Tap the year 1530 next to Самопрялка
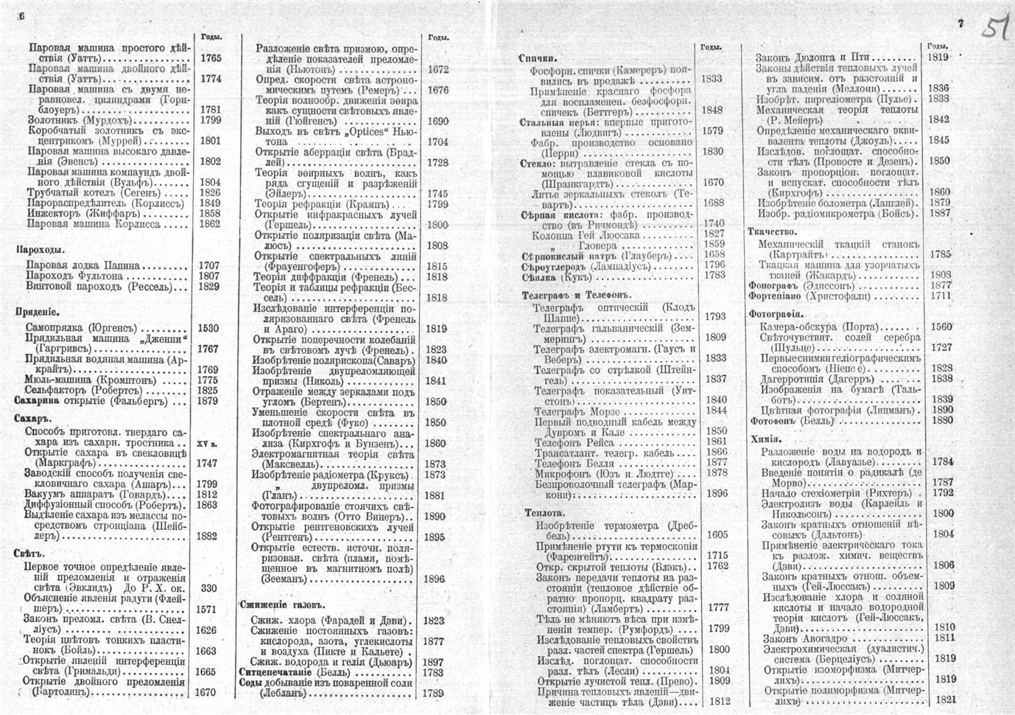(208, 329)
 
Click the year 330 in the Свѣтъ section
(208, 588)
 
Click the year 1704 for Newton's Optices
(437, 142)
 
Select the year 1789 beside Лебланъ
(434, 694)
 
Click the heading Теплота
(545, 512)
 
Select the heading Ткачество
(773, 231)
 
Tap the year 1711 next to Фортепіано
(941, 296)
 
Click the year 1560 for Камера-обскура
(941, 327)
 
